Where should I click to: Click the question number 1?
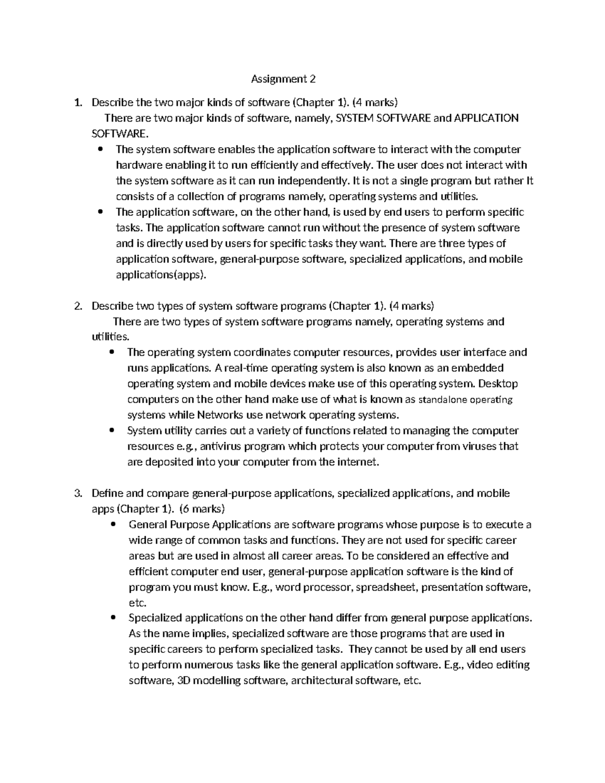pos(77,103)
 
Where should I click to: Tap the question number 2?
pos(77,306)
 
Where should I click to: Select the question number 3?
pos(77,493)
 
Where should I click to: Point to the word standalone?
pos(443,400)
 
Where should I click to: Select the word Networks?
pos(220,415)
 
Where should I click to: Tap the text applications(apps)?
pos(161,275)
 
